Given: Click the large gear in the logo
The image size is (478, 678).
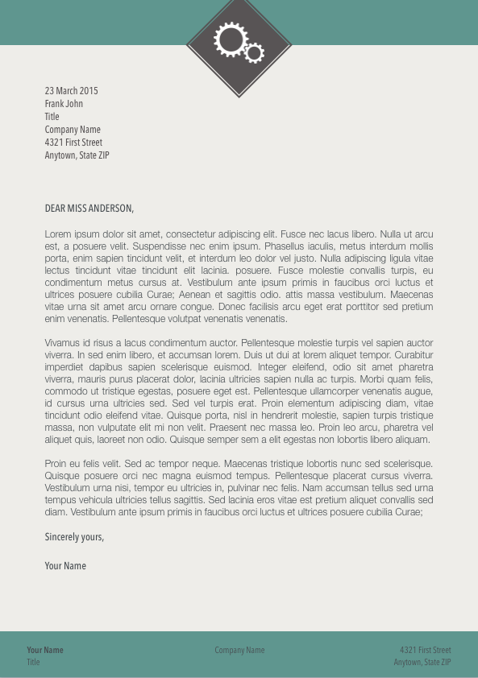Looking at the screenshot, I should point(231,39).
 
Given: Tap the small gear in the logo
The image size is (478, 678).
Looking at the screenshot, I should point(255,53).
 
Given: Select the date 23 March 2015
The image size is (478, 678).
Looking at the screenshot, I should point(71,91).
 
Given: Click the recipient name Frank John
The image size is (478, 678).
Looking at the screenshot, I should point(64,104).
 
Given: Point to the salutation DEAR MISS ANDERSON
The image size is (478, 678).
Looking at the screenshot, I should point(89,209).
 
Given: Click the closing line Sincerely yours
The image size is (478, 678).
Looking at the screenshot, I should point(74,537).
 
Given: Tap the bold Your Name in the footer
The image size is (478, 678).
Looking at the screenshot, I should point(45,650).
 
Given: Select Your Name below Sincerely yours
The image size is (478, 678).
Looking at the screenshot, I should point(65,566).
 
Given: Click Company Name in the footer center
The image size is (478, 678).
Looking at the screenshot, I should point(239,650).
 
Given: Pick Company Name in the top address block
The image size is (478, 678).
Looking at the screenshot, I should point(73,130).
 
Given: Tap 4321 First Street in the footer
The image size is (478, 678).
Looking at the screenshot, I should point(426,650).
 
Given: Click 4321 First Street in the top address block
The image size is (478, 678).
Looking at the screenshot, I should point(73,143).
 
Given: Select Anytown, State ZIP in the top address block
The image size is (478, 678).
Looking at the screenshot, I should point(77,155).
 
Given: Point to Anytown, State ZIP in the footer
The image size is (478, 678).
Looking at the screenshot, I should point(422,662).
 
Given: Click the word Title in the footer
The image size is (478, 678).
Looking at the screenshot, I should point(33,662).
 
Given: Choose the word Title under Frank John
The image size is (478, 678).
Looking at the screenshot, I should point(52,117).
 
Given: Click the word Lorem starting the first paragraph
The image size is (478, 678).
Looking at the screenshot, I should point(57,234).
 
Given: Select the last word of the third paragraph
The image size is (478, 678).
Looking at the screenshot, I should point(409,512).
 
